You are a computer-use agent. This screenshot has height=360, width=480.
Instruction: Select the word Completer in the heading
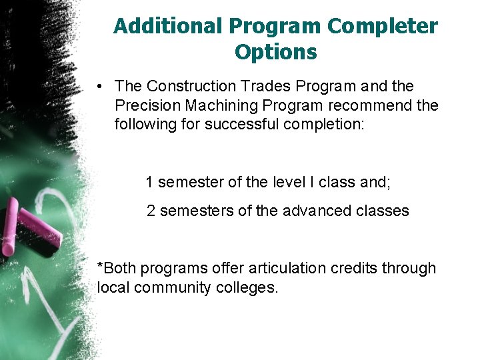click(x=383, y=26)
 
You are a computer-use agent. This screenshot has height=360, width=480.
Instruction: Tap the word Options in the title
click(x=275, y=51)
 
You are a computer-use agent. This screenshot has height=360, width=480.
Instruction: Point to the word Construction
click(x=191, y=87)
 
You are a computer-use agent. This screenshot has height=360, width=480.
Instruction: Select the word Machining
click(x=216, y=105)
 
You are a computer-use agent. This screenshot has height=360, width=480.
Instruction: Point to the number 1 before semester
click(x=150, y=182)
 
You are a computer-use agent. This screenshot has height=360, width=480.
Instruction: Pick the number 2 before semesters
click(x=151, y=211)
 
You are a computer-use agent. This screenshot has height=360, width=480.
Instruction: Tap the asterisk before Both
click(x=100, y=266)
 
